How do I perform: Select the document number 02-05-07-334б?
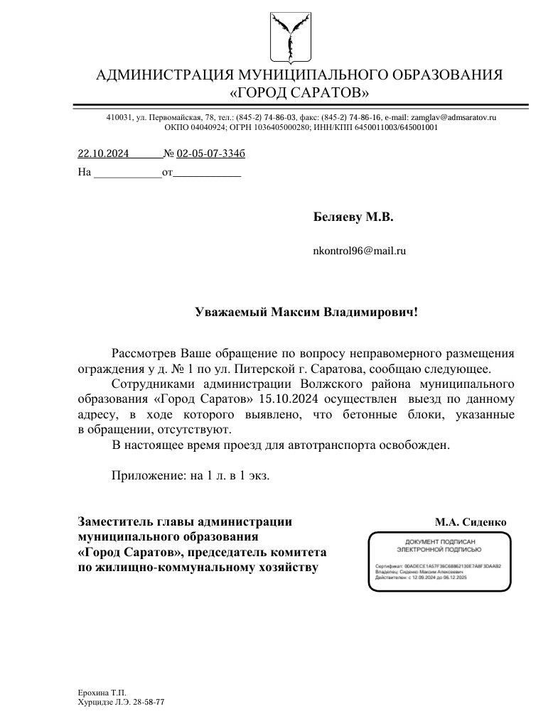211,153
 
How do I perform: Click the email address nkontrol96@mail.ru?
359,250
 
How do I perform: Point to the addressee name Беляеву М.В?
353,217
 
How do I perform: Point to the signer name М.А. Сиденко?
471,522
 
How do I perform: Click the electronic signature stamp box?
439,560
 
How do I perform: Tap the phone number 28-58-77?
149,701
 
